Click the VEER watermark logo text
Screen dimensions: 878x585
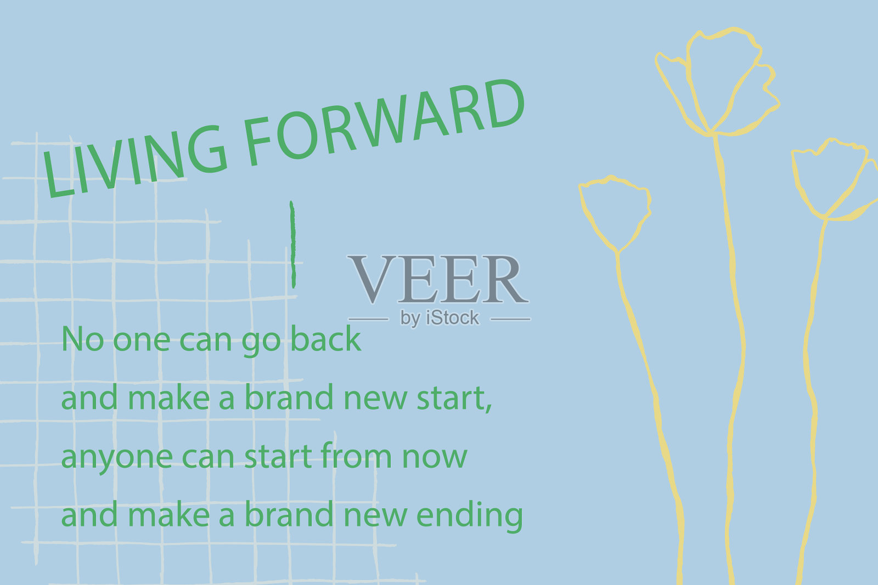pyautogui.click(x=438, y=279)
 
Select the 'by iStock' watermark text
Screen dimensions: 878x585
pyautogui.click(x=440, y=317)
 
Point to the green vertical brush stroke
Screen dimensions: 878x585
pyautogui.click(x=293, y=245)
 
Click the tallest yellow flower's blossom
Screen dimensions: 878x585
pyautogui.click(x=717, y=82)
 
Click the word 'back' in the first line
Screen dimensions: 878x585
pyautogui.click(x=326, y=339)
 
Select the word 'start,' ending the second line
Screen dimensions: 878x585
pyautogui.click(x=454, y=398)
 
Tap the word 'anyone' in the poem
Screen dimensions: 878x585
pyautogui.click(x=117, y=457)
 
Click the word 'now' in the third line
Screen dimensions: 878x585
pyautogui.click(x=435, y=457)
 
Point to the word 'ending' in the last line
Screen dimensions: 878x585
pyautogui.click(x=470, y=516)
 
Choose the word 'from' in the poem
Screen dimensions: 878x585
pyautogui.click(x=356, y=455)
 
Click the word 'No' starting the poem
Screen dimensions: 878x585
pyautogui.click(x=83, y=339)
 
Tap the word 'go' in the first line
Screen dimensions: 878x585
pyautogui.click(x=261, y=342)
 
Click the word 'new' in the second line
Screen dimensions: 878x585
pyautogui.click(x=375, y=399)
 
